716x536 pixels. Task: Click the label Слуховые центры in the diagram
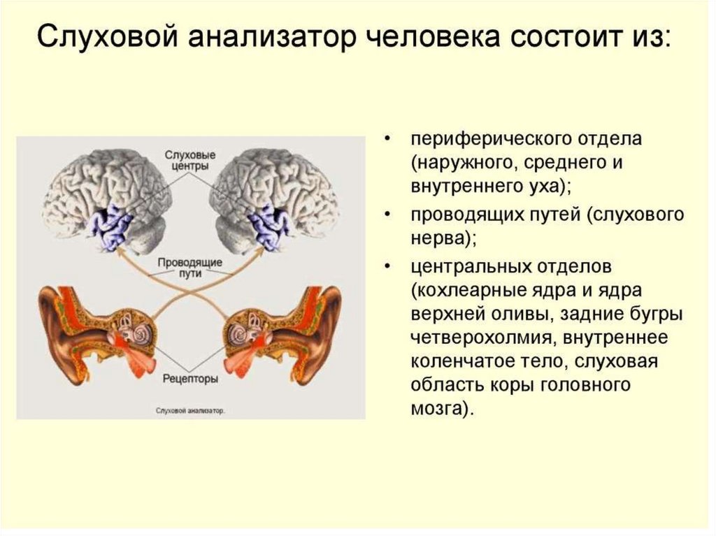click(191, 161)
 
